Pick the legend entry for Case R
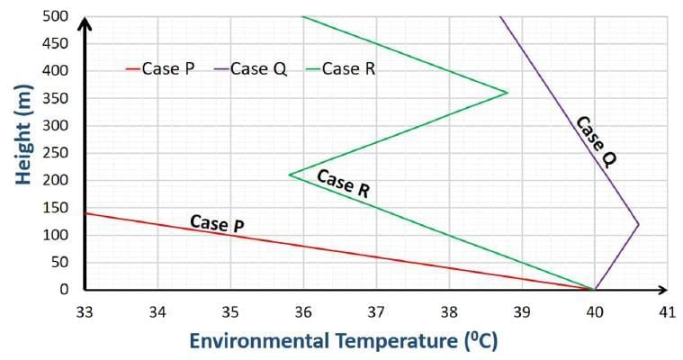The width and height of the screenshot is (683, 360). [x=347, y=68]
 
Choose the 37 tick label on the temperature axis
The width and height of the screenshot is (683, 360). [x=375, y=311]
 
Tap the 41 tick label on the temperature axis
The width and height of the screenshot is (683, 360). [x=667, y=311]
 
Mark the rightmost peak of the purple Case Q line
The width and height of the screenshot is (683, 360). [x=638, y=224]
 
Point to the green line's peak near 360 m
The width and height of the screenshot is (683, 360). [x=508, y=93]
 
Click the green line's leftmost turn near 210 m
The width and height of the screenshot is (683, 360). [x=289, y=175]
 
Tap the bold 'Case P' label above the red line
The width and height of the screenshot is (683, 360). [x=217, y=223]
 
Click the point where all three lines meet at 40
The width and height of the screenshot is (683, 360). [x=594, y=289]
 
